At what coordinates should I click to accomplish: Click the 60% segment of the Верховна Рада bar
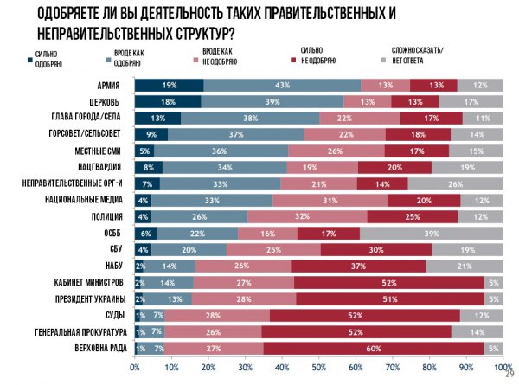click(x=374, y=348)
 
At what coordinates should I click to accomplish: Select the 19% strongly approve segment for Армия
click(x=169, y=85)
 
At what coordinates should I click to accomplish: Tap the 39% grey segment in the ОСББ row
click(x=432, y=233)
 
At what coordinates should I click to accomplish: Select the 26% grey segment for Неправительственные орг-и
click(x=455, y=183)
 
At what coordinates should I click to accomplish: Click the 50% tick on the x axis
click(x=319, y=367)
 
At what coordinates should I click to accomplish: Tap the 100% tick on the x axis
click(x=503, y=367)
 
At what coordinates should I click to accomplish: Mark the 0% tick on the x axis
click(x=135, y=367)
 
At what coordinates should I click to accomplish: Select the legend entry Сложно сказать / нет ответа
click(x=418, y=56)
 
